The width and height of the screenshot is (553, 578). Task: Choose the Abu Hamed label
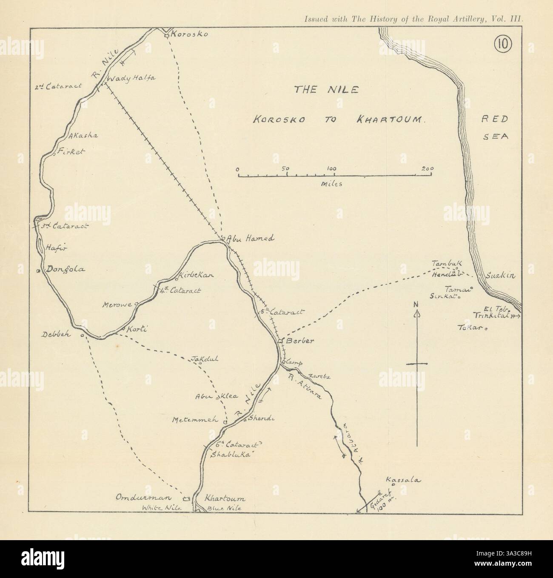(x=250, y=239)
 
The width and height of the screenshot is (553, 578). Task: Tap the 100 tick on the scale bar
(x=331, y=168)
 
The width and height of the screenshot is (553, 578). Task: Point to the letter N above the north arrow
(x=417, y=304)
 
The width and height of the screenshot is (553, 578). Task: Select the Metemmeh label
(x=195, y=420)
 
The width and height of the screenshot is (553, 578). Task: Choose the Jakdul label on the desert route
(x=205, y=359)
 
